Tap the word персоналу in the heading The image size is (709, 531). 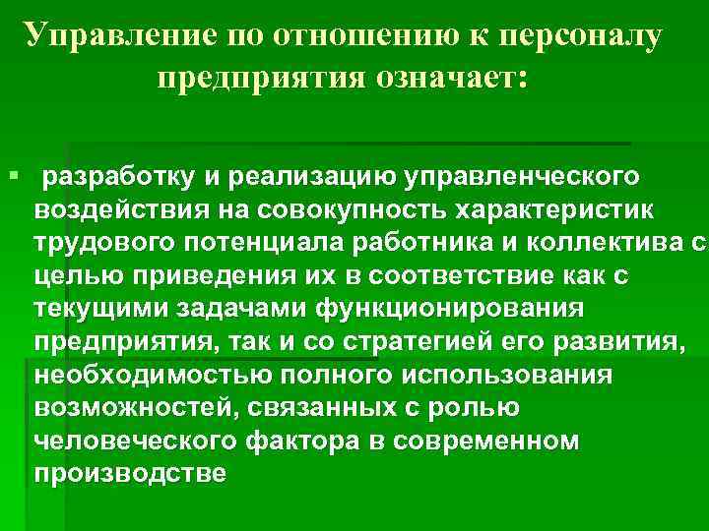(x=581, y=36)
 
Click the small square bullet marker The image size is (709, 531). (x=11, y=175)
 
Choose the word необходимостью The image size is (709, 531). (x=138, y=378)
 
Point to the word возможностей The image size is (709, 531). (x=128, y=410)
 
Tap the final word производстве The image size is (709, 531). (x=130, y=477)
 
